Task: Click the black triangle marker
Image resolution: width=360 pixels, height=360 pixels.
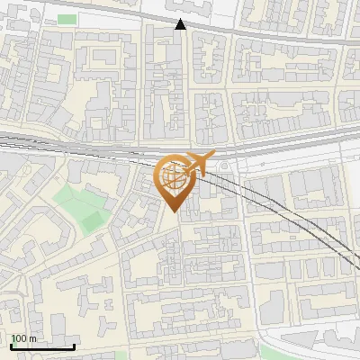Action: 181,24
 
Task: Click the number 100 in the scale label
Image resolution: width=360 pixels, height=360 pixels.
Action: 19,338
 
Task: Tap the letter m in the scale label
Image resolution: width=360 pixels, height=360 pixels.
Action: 32,338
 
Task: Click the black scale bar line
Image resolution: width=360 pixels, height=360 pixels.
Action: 41,346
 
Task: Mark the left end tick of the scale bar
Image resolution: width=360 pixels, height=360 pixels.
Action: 11,345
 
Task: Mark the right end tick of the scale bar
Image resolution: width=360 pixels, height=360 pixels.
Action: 73,345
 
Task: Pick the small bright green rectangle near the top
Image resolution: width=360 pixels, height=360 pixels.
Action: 67,19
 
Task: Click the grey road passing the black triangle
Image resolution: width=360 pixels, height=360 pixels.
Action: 234,30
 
